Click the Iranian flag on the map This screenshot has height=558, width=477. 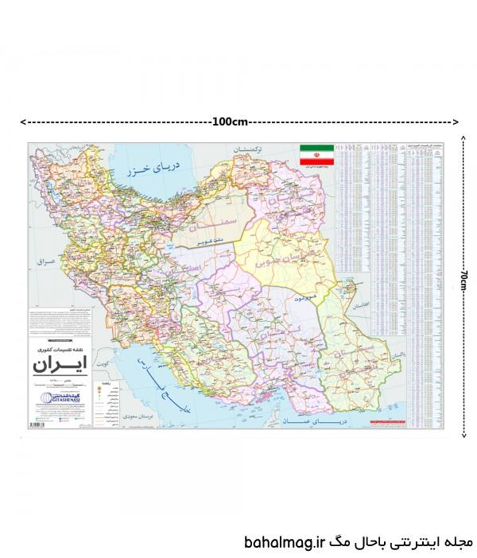[316, 154]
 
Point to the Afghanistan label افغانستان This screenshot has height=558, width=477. [360, 305]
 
